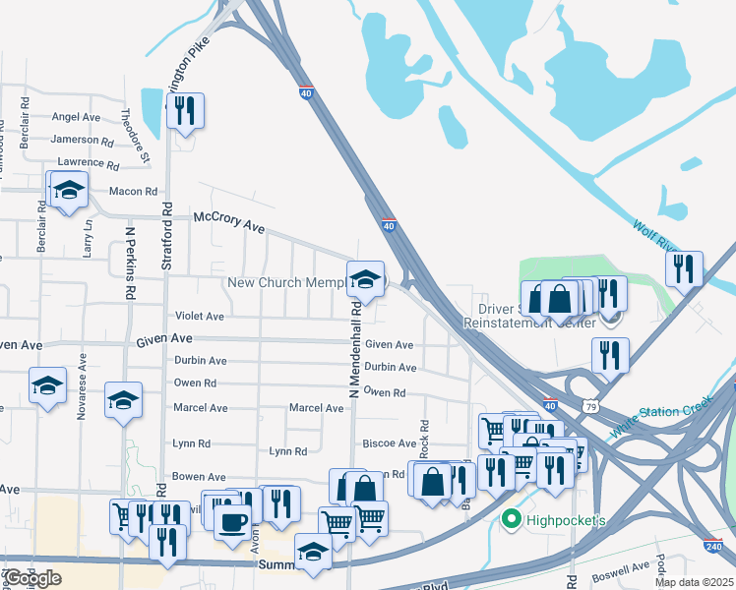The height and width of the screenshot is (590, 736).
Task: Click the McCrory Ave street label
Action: coord(229,221)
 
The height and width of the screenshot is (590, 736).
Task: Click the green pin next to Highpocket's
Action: coord(510,519)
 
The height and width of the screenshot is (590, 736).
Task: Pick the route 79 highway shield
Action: coord(589,405)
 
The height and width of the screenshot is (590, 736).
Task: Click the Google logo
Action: coord(32,578)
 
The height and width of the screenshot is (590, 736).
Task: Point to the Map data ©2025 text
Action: coord(692,582)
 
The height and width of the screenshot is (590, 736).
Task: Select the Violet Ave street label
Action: coord(200,317)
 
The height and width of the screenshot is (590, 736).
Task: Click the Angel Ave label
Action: coord(76,117)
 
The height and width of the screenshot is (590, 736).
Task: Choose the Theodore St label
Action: coord(134,135)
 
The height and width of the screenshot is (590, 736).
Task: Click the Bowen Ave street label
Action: coord(199,477)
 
